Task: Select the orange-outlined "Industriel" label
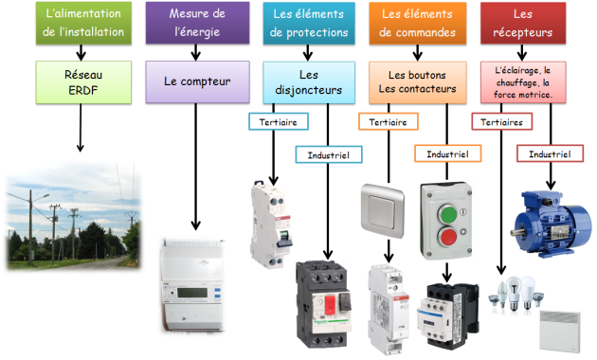point(445,153)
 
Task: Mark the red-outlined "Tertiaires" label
point(500,122)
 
